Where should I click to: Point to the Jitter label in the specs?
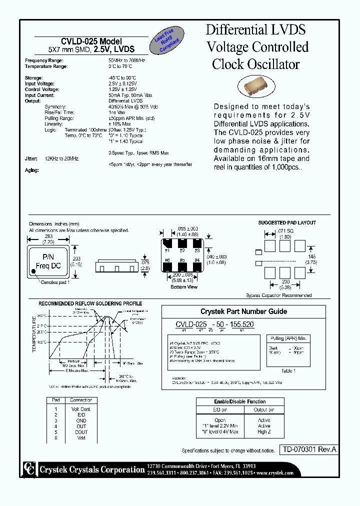click(31, 158)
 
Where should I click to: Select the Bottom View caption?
click(184, 287)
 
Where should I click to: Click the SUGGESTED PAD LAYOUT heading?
click(287, 222)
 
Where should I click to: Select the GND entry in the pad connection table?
click(81, 420)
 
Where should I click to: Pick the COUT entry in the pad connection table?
click(81, 432)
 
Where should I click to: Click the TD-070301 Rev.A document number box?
click(307, 449)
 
